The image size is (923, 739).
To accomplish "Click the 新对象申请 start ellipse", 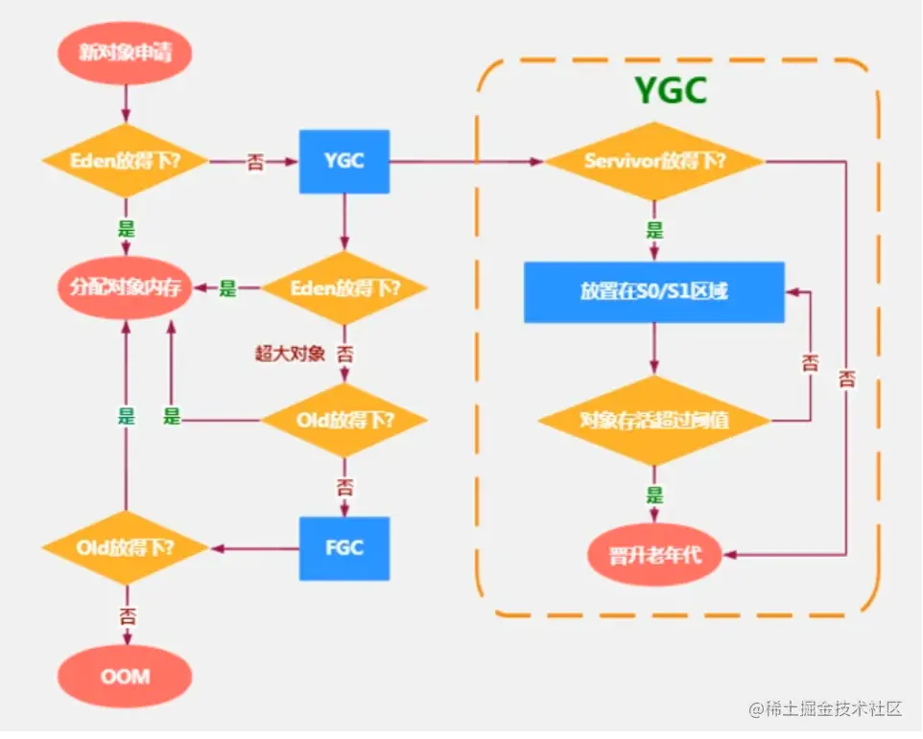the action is click(x=125, y=53).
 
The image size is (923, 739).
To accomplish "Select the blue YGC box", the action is click(x=344, y=161).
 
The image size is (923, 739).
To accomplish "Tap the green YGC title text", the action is click(x=671, y=90).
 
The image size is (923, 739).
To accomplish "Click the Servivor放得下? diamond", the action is click(x=654, y=161).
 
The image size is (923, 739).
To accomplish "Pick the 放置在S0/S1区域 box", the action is click(x=654, y=291).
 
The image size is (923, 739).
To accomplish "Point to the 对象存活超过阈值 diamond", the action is click(x=654, y=421).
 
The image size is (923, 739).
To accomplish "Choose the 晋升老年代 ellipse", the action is click(x=654, y=554).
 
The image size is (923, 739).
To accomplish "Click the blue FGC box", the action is click(x=344, y=548).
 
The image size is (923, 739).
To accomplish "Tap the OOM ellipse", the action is click(x=125, y=676).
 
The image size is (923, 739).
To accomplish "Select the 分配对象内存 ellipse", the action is click(x=125, y=288).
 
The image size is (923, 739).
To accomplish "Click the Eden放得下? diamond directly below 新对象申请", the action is click(x=126, y=160).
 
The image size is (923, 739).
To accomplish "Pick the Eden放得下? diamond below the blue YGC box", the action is click(x=344, y=289).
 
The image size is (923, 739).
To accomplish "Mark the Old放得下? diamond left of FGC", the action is click(x=126, y=548).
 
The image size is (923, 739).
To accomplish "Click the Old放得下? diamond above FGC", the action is click(x=344, y=421).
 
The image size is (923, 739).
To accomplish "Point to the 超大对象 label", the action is click(x=290, y=354).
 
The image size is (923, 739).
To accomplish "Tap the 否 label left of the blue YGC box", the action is click(x=255, y=162).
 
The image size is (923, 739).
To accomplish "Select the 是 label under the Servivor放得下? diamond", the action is click(x=654, y=230).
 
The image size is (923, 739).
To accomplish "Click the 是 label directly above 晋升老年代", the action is click(x=654, y=495).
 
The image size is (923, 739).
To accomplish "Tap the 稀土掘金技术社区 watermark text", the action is click(x=833, y=708).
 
